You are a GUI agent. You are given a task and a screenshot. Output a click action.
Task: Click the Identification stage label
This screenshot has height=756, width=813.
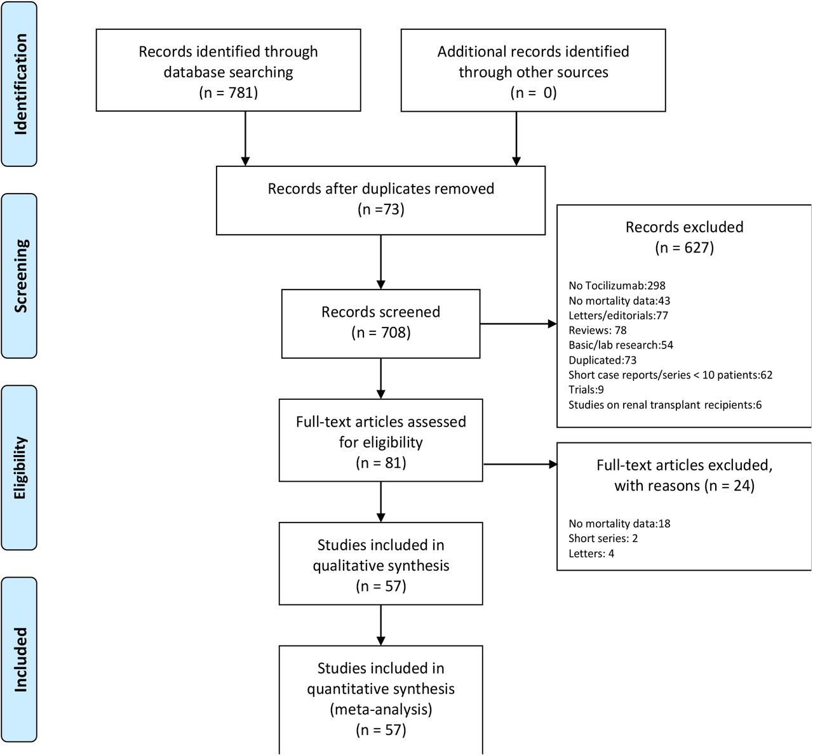click(x=20, y=84)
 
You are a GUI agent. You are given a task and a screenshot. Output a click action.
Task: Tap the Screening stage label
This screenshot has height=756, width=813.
click(x=20, y=276)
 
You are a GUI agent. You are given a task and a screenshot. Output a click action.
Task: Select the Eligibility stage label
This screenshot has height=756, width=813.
click(x=20, y=468)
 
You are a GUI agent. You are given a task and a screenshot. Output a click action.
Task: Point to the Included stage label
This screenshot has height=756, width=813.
click(x=20, y=660)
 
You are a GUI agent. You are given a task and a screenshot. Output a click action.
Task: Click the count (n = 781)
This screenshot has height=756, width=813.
click(x=229, y=93)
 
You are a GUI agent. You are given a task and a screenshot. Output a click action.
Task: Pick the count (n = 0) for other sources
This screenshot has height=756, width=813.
click(x=534, y=93)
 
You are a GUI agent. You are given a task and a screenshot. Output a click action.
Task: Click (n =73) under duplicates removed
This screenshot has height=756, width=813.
click(x=380, y=209)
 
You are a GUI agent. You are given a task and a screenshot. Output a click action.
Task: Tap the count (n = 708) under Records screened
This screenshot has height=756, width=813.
click(x=380, y=333)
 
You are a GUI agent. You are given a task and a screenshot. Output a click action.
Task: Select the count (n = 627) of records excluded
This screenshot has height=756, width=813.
click(x=685, y=248)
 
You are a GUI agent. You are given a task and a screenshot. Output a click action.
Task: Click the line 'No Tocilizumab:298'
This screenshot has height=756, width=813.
click(x=617, y=286)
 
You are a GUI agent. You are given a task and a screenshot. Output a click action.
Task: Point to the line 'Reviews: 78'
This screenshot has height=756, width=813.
click(x=598, y=330)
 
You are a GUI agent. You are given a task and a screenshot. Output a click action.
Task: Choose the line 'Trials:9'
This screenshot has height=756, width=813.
click(x=586, y=390)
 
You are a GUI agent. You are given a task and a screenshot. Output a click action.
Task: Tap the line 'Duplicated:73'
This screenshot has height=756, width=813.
click(x=603, y=360)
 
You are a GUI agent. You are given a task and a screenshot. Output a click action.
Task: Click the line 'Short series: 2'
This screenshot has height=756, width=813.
click(x=603, y=538)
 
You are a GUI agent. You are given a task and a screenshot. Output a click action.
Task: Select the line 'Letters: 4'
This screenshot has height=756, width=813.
click(x=591, y=554)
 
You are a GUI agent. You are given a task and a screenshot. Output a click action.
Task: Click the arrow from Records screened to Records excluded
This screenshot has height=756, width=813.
click(x=518, y=324)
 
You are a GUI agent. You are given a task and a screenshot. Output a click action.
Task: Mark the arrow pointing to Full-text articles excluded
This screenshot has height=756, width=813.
click(x=520, y=464)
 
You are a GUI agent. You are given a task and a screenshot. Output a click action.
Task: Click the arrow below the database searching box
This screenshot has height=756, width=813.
click(x=245, y=138)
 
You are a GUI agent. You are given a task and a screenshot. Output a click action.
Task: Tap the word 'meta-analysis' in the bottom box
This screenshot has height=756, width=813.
click(x=380, y=709)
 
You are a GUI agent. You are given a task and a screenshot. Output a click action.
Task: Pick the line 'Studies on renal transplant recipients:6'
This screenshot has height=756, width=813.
click(x=665, y=405)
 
